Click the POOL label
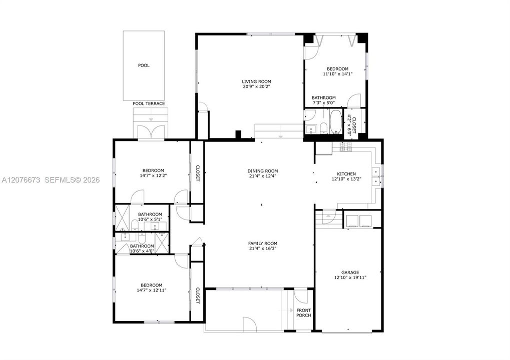click(x=144, y=65)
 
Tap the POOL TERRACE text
click(x=149, y=103)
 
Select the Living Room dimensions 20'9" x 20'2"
click(x=256, y=87)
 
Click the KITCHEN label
click(x=346, y=174)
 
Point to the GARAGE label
click(x=350, y=272)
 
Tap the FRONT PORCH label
click(x=303, y=313)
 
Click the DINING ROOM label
click(x=263, y=171)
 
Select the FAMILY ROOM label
click(x=263, y=243)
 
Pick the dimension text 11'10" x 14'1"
click(x=338, y=74)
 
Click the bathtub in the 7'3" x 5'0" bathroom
click(x=336, y=121)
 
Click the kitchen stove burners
click(x=346, y=147)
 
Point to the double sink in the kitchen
click(x=376, y=176)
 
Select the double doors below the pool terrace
click(x=151, y=132)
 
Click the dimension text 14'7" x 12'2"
click(x=153, y=175)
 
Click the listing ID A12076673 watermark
click(x=21, y=179)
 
